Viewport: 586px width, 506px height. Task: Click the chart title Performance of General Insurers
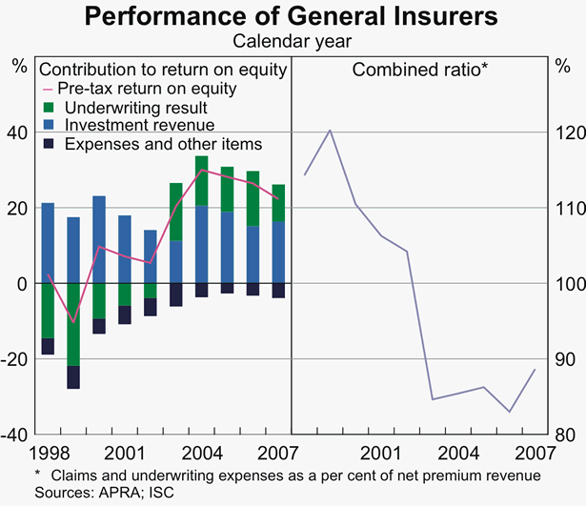[293, 16]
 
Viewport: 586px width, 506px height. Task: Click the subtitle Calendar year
[293, 40]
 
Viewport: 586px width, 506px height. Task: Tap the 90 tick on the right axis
[563, 359]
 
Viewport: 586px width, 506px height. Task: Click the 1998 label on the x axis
[48, 451]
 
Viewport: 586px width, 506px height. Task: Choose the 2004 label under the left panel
[201, 451]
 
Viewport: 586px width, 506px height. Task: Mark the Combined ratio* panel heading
[407, 69]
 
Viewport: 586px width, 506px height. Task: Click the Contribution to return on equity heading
[162, 69]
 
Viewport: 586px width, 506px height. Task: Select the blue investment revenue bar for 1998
[48, 243]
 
